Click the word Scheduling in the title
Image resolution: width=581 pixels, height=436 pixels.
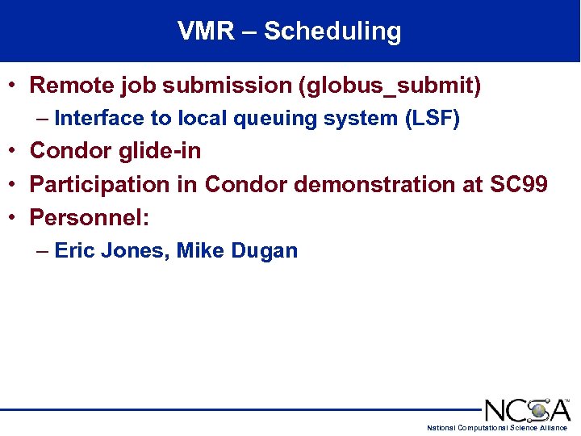click(x=332, y=31)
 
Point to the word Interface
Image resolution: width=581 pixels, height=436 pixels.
click(x=100, y=119)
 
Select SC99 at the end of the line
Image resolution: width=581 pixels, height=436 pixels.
click(x=519, y=184)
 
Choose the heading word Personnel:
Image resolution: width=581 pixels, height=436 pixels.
click(x=91, y=217)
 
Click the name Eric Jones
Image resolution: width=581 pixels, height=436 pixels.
click(x=110, y=251)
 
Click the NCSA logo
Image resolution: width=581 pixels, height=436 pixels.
click(x=527, y=409)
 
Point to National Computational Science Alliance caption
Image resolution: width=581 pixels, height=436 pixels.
click(x=497, y=428)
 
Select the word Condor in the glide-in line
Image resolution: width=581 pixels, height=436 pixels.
click(x=71, y=151)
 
